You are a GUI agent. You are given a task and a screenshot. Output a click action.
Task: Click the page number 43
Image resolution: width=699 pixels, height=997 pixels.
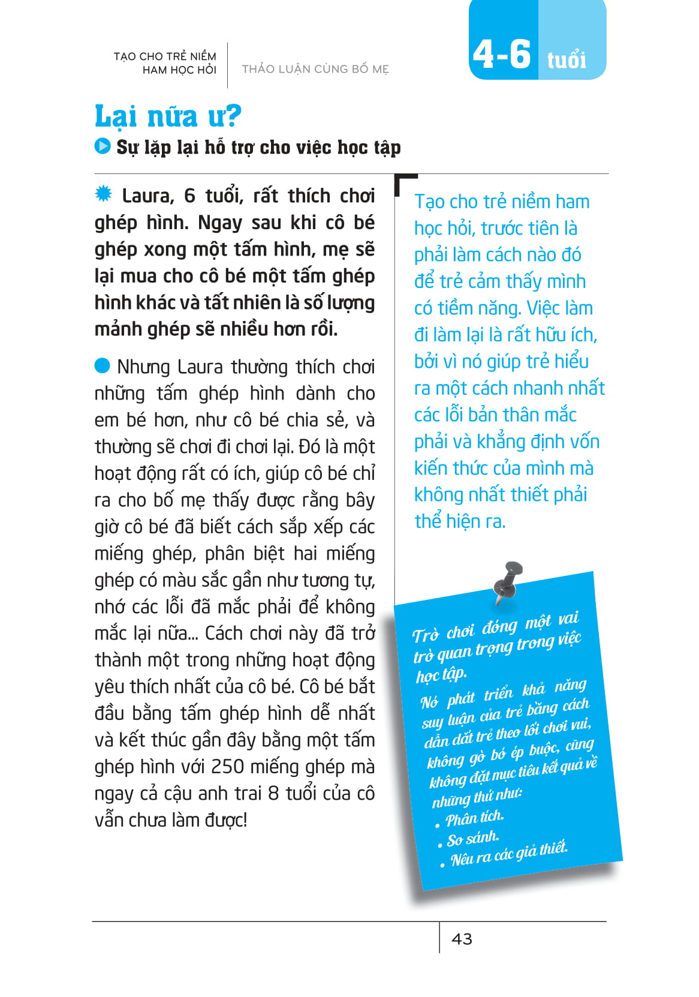462,939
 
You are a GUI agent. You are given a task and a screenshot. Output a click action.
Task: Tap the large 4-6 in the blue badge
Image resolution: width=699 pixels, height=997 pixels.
502,54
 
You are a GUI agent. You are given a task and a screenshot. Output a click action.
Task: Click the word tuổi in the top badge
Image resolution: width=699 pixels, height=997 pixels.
567,59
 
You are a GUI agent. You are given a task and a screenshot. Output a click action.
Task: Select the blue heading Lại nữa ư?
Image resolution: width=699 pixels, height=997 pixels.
168,116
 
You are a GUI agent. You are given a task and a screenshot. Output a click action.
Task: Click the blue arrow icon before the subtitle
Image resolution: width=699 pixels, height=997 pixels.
103,146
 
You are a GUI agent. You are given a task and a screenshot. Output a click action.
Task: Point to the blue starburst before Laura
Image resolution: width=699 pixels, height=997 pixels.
104,194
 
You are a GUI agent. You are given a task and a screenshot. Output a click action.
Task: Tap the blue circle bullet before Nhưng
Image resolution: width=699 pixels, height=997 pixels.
103,365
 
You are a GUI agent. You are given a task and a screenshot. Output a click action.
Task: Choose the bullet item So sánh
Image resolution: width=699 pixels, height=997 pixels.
472,839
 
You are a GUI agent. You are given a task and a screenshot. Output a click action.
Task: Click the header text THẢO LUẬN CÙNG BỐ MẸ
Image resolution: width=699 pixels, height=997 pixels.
315,69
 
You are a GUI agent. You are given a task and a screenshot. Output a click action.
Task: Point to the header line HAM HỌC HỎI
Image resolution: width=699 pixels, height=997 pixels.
179,70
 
